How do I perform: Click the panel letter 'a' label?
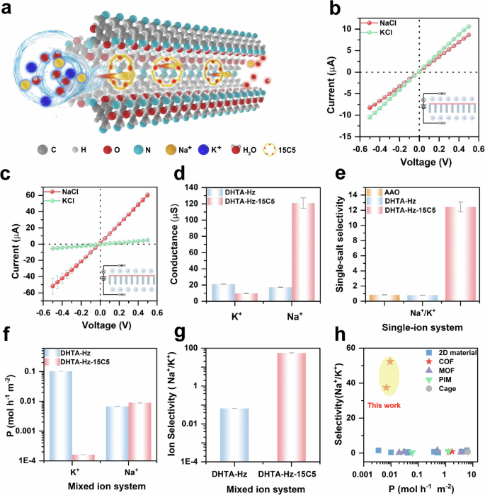point(8,9)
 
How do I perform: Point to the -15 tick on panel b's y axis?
point(352,135)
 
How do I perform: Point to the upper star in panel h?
point(390,361)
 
